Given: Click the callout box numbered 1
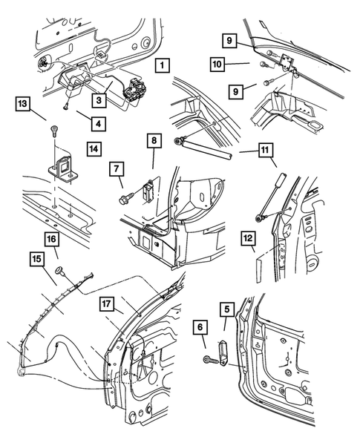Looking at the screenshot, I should [163, 65].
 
